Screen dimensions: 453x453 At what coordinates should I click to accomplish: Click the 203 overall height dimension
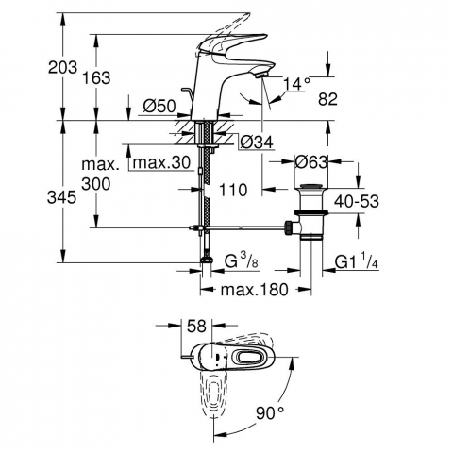point(62,67)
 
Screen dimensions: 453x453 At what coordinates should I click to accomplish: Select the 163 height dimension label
point(96,77)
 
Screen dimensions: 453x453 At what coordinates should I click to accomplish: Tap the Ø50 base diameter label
point(159,106)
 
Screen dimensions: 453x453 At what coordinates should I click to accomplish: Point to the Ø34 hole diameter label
point(257,143)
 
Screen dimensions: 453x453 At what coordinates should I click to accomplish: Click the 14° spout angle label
point(296,84)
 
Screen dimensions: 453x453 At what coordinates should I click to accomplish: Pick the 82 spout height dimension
point(327,99)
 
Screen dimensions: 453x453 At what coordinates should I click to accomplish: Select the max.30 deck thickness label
point(161,162)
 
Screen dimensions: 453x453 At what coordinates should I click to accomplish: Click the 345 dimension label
point(61,197)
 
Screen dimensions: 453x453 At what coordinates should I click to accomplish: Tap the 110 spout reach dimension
point(233,190)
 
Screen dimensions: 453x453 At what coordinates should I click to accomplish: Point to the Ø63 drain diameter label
point(310,162)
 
